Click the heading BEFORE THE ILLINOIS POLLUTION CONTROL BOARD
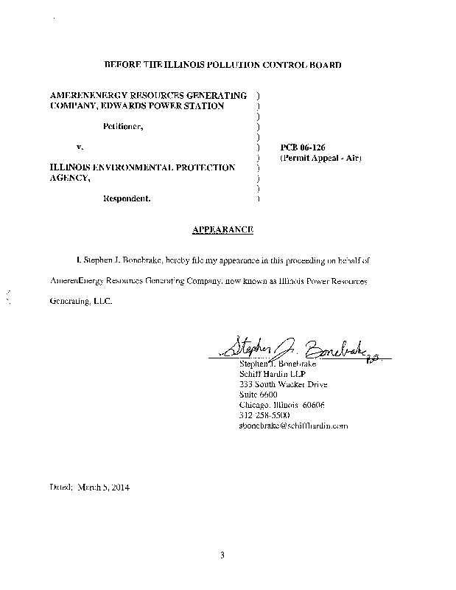point(223,65)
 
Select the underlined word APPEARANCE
point(222,230)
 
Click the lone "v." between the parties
point(80,147)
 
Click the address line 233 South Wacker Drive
point(284,384)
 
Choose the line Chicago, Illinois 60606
point(282,405)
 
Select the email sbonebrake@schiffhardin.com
point(292,426)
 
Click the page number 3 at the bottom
point(221,555)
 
